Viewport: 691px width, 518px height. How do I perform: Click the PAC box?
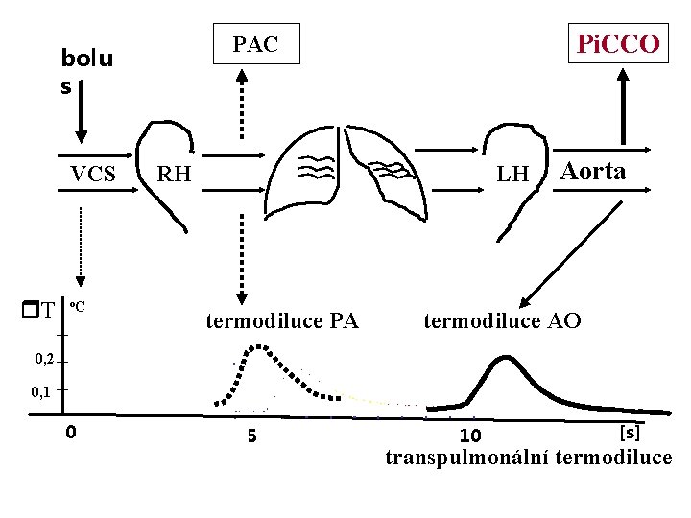coord(256,43)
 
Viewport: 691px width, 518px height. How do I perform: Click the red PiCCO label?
coord(618,43)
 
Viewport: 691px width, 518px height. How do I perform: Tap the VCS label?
coord(93,174)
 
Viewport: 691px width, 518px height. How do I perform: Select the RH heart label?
coord(174,174)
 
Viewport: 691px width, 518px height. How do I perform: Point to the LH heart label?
coord(512,174)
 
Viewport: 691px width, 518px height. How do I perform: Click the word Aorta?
coord(592,172)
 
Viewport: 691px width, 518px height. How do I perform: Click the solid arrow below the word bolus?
coord(81,111)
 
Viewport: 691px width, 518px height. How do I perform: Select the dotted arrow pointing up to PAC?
coord(242,104)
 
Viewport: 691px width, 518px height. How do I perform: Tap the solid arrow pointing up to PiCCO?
coord(623,106)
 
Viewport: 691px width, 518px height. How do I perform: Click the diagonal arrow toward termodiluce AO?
coord(570,254)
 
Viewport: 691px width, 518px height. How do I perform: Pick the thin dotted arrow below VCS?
coord(81,247)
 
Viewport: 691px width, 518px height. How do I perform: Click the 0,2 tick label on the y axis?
coord(44,360)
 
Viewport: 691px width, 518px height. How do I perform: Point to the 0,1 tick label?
coord(40,391)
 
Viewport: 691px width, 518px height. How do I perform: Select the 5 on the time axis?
coord(251,436)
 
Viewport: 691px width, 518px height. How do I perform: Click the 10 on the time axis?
coord(470,436)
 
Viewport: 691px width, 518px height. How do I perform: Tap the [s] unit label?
coord(630,433)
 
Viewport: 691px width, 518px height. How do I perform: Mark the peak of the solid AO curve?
coord(506,357)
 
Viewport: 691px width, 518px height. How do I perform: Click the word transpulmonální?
coord(466,458)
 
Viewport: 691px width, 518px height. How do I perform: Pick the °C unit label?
coord(78,306)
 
